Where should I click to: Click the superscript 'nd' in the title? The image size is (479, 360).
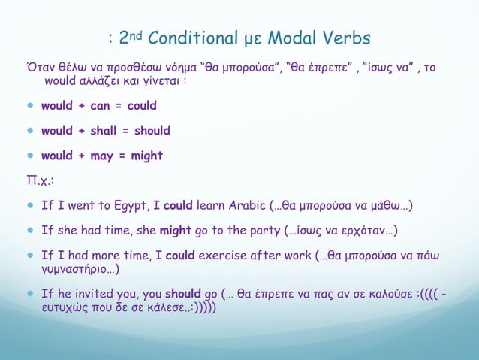(x=137, y=33)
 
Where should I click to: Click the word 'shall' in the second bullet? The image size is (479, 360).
(x=102, y=131)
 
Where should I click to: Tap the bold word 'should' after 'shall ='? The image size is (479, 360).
(x=152, y=131)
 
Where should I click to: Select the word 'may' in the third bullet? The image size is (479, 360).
(x=98, y=156)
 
